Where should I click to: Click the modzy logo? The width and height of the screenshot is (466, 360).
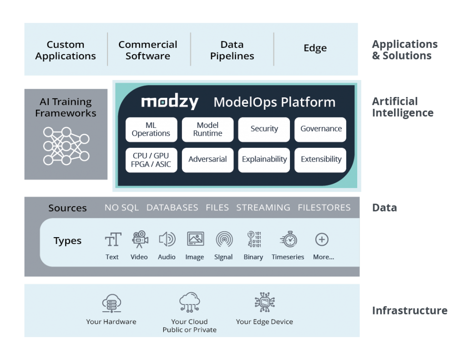point(169,102)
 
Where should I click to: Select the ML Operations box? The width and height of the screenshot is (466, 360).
point(151,129)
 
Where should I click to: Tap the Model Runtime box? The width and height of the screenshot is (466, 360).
point(208,129)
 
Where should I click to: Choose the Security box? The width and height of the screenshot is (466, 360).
point(264,129)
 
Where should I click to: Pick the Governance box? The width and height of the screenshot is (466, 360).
point(320,129)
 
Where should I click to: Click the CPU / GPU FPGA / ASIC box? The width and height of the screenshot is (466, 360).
point(151,160)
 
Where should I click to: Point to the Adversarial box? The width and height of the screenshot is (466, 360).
point(208,160)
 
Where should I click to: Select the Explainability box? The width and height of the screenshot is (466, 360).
point(264,160)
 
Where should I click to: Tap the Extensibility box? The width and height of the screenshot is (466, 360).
point(320,160)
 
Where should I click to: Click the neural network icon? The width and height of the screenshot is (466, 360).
point(66,146)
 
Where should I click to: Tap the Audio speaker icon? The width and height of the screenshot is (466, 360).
point(167,239)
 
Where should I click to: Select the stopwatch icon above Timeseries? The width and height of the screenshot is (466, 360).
point(289,239)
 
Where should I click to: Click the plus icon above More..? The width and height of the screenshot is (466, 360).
point(322,239)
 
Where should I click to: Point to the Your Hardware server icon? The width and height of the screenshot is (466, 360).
point(111,303)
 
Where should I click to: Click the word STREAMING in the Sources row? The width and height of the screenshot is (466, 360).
point(263,208)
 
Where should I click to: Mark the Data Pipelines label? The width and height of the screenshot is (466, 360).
point(232,51)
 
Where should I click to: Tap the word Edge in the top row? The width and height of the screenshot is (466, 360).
point(315,48)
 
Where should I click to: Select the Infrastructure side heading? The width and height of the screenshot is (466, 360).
point(410,311)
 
